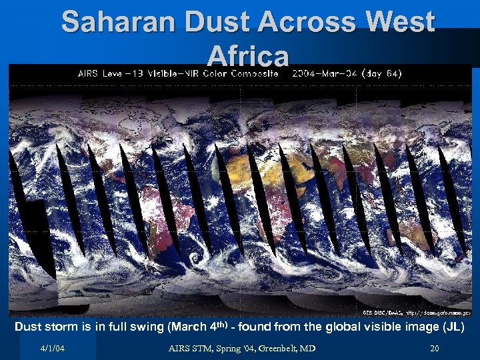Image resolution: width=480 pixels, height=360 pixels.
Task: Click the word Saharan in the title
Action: click(121, 23)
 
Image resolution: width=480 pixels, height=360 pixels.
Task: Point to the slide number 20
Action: click(435, 349)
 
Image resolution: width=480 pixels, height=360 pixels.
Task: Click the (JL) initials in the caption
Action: click(453, 327)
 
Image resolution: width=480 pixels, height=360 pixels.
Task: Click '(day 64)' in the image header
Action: click(381, 74)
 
